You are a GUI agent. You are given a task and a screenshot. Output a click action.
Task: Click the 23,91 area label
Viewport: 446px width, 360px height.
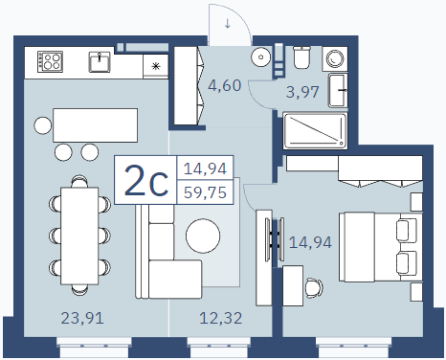pos(82,318)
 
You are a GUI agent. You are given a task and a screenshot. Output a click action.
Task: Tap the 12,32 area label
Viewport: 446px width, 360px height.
pos(221,318)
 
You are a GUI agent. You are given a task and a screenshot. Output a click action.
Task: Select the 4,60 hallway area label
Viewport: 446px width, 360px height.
pos(225,85)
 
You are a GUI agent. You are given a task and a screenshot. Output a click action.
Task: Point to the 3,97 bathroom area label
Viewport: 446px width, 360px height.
pos(302,92)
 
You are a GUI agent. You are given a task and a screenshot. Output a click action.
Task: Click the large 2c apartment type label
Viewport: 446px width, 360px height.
pos(146,180)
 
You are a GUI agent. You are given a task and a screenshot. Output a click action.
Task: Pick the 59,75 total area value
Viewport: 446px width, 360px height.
pos(205,192)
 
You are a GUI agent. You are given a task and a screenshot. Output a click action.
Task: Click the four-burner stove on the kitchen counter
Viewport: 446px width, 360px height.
pos(50,61)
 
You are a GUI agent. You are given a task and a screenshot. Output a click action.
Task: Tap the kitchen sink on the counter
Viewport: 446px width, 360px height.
pos(100,61)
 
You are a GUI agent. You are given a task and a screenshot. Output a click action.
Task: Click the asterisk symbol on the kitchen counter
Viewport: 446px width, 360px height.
pos(156,66)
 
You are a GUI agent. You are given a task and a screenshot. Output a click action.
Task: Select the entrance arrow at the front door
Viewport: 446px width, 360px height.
pos(228,23)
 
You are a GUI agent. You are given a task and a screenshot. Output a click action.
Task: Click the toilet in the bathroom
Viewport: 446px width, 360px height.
pos(301,57)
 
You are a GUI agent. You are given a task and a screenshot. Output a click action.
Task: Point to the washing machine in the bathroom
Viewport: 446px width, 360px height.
pos(335,58)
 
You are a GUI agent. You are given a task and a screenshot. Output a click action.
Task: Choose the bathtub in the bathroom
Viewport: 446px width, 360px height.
pos(315,130)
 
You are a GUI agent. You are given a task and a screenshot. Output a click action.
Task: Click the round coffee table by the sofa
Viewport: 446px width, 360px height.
pos(203,236)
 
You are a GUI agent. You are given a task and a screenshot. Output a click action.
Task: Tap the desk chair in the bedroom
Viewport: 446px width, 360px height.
pos(313,288)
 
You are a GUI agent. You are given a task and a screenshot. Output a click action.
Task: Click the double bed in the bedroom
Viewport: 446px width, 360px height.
pos(381,247)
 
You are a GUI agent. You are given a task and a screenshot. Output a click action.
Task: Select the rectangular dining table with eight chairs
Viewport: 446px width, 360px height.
pos(79,236)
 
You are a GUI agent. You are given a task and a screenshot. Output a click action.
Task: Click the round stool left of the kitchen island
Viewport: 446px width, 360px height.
pos(43,125)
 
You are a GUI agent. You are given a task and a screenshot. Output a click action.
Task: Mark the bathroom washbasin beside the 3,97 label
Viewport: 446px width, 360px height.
pos(338,90)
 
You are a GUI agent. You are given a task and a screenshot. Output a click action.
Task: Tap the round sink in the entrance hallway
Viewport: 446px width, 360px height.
pos(261,57)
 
